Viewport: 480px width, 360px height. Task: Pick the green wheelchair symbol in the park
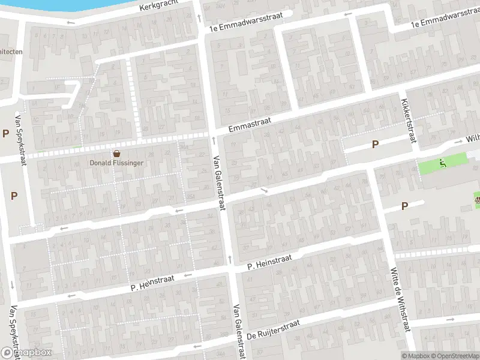pyautogui.click(x=442, y=162)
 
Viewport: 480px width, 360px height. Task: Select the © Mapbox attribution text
pyautogui.click(x=415, y=355)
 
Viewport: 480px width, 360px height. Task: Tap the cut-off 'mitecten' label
pyautogui.click(x=10, y=51)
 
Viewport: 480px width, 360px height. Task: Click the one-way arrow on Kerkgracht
pyautogui.click(x=71, y=23)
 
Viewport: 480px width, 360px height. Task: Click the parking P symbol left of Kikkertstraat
pyautogui.click(x=376, y=144)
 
